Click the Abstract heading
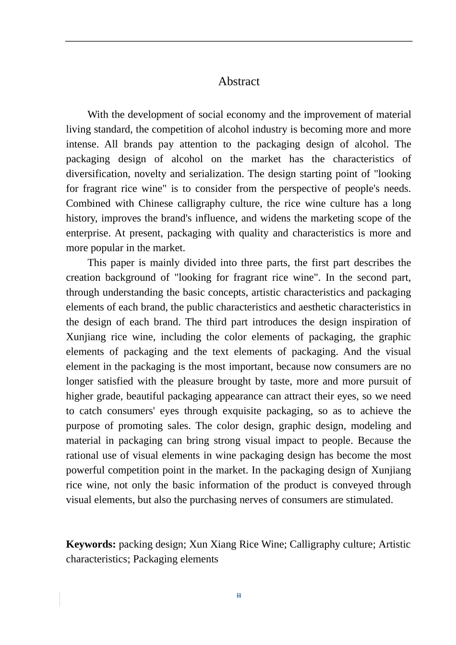coord(239,82)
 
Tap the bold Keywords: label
coord(91,544)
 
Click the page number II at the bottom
coord(239,596)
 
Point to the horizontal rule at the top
coord(239,41)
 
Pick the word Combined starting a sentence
coord(88,203)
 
